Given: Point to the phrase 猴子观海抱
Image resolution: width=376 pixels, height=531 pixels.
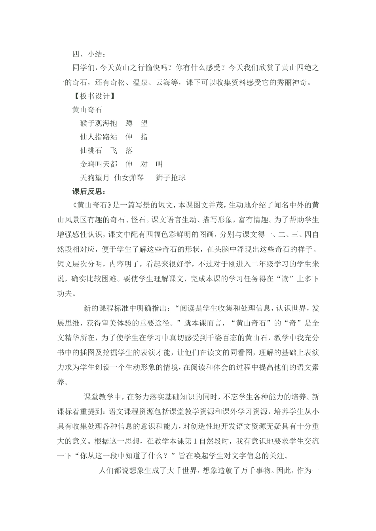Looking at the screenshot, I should (x=99, y=123).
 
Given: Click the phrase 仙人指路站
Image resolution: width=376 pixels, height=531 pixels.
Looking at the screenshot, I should (x=99, y=137).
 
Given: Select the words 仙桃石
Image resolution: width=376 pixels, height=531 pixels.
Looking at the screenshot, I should (x=91, y=151).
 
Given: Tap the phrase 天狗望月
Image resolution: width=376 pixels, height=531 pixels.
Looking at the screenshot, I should (x=95, y=178).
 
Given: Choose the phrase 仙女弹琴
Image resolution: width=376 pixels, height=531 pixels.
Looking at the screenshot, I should (x=129, y=178).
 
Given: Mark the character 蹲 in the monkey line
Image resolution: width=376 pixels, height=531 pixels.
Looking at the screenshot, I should (x=129, y=123).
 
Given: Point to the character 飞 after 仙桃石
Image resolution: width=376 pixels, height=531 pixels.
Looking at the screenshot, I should (x=114, y=151).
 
